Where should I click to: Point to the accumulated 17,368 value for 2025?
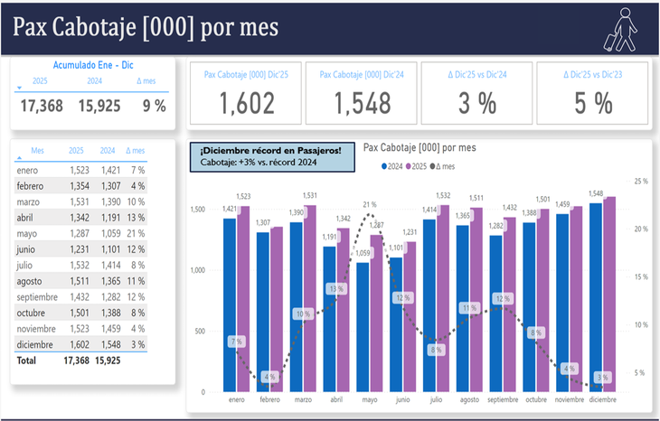point(41,106)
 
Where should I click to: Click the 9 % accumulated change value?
point(154,106)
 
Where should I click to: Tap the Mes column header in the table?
point(37,151)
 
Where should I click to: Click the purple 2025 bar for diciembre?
point(610,294)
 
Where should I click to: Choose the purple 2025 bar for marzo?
point(310,295)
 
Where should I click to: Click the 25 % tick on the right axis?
point(641,182)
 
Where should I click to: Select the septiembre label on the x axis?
point(502,399)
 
